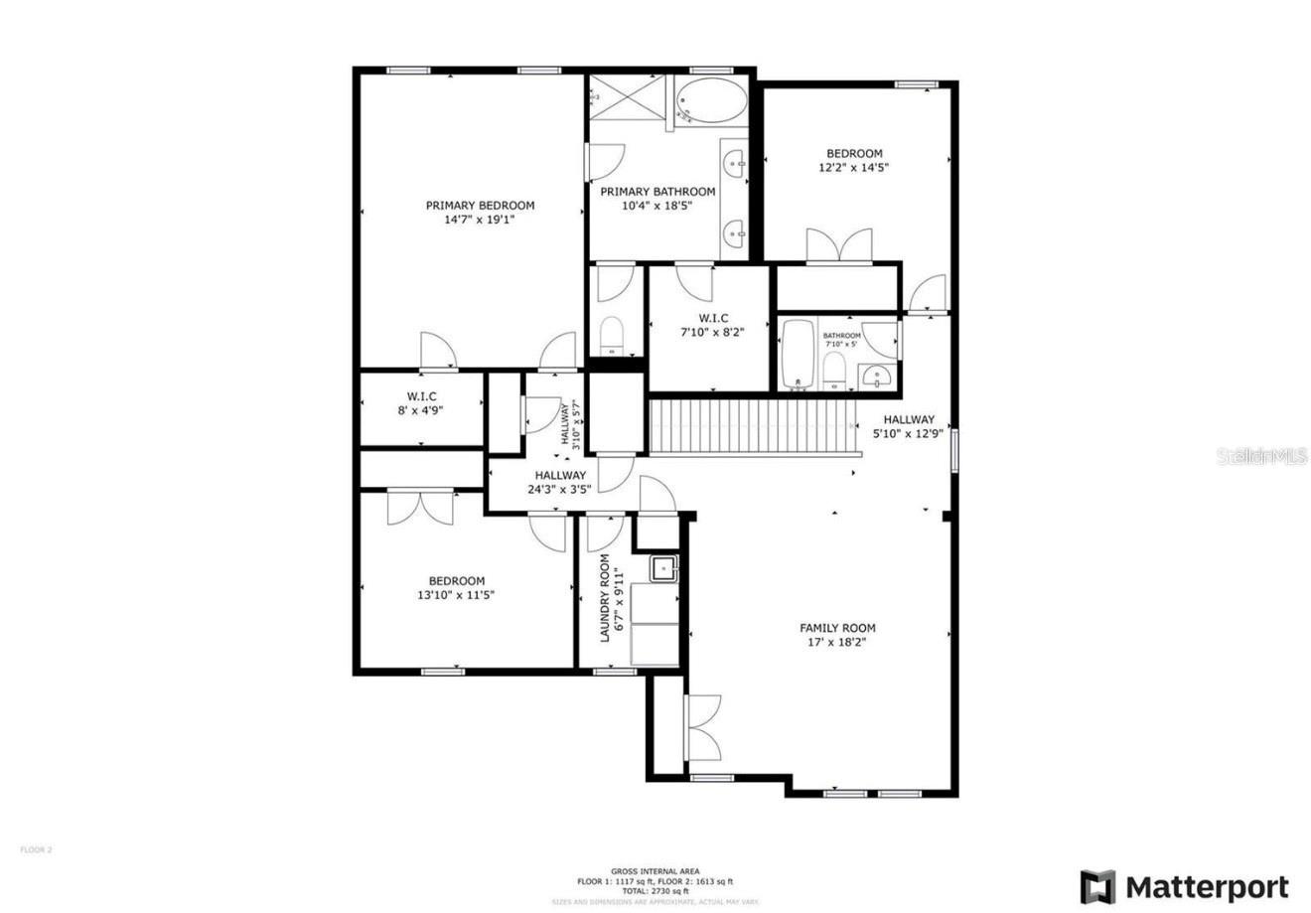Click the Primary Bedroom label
pyautogui.click(x=480, y=206)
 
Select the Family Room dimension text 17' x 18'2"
pyautogui.click(x=837, y=642)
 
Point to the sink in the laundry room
pyautogui.click(x=663, y=569)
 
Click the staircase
pyautogui.click(x=752, y=425)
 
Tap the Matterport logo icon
pyautogui.click(x=1097, y=886)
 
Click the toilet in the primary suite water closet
pyautogui.click(x=612, y=334)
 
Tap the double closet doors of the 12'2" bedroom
pyautogui.click(x=839, y=246)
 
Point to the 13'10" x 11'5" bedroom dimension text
pyautogui.click(x=456, y=595)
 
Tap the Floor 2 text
pyautogui.click(x=36, y=849)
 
